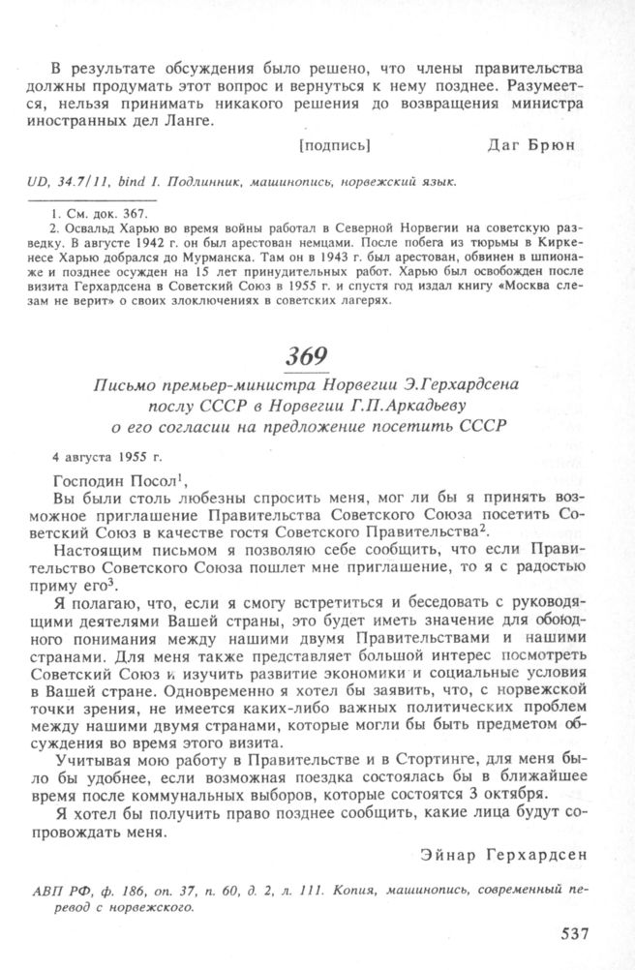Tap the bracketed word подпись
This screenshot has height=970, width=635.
pyautogui.click(x=335, y=145)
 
